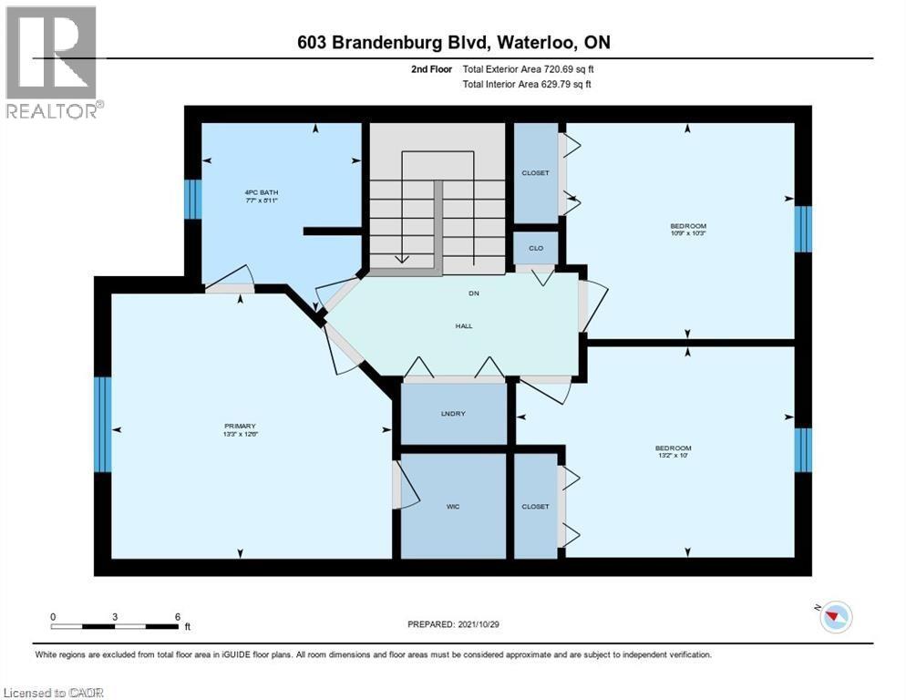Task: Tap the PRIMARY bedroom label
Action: pyautogui.click(x=241, y=426)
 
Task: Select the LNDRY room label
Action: pyautogui.click(x=453, y=414)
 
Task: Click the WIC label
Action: pyautogui.click(x=453, y=507)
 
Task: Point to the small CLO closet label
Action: pyautogui.click(x=536, y=247)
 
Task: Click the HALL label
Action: pyautogui.click(x=464, y=325)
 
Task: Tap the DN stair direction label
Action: pyautogui.click(x=473, y=293)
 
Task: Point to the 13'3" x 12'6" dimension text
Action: pyautogui.click(x=241, y=435)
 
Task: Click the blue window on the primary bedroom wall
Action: pyautogui.click(x=103, y=424)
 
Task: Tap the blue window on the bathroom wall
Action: pyautogui.click(x=192, y=199)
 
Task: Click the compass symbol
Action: pyautogui.click(x=832, y=617)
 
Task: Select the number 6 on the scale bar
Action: pyautogui.click(x=177, y=616)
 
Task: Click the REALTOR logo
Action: pyautogui.click(x=52, y=62)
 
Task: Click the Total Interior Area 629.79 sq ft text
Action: pyautogui.click(x=527, y=84)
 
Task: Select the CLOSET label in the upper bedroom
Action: pyautogui.click(x=535, y=173)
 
